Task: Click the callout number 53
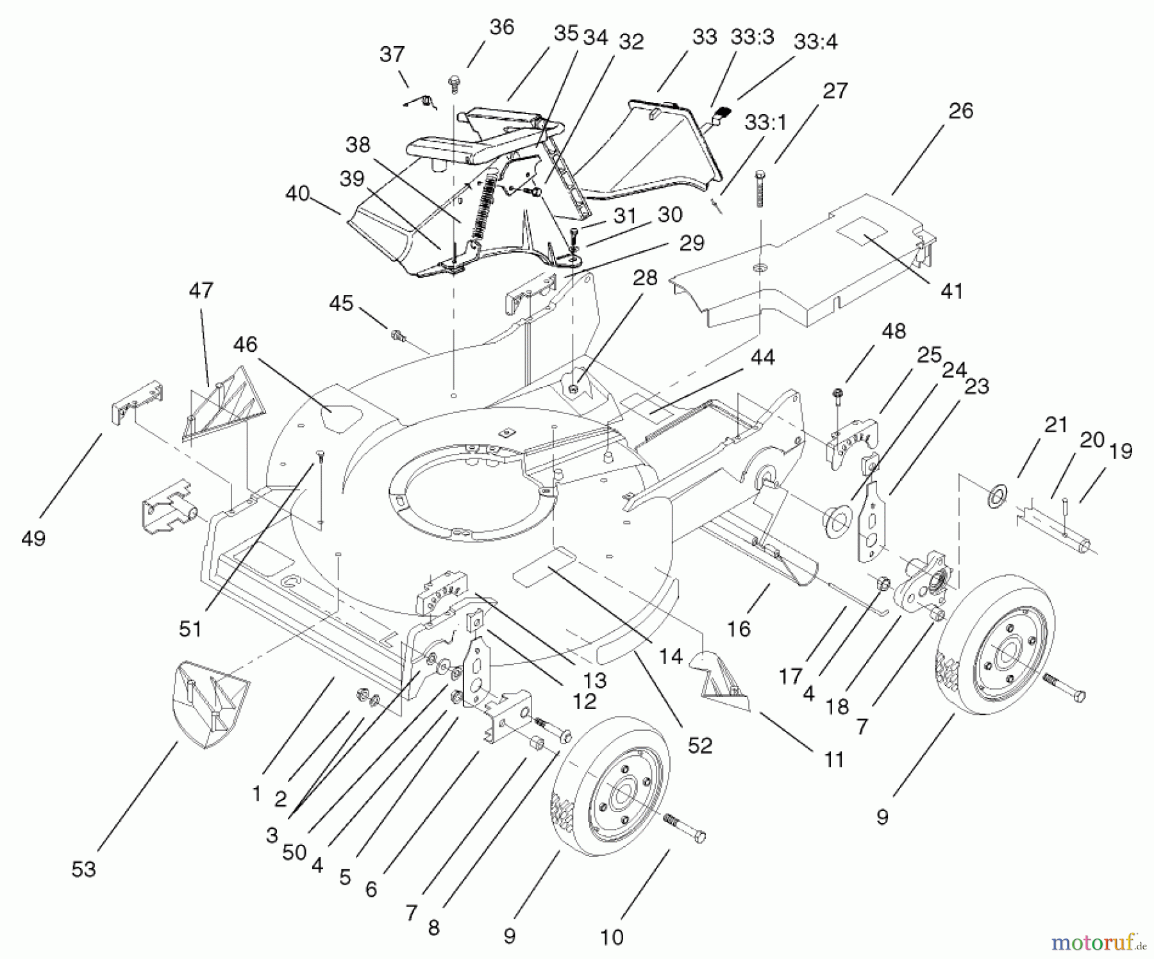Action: tap(83, 869)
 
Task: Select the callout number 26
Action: tap(960, 110)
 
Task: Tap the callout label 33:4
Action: tap(815, 42)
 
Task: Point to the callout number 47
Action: tap(201, 290)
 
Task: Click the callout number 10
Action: tap(612, 937)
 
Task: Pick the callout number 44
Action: tap(762, 357)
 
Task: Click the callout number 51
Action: tap(190, 629)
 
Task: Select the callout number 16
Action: tap(739, 628)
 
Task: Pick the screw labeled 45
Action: tap(397, 334)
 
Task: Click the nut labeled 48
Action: tap(837, 392)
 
